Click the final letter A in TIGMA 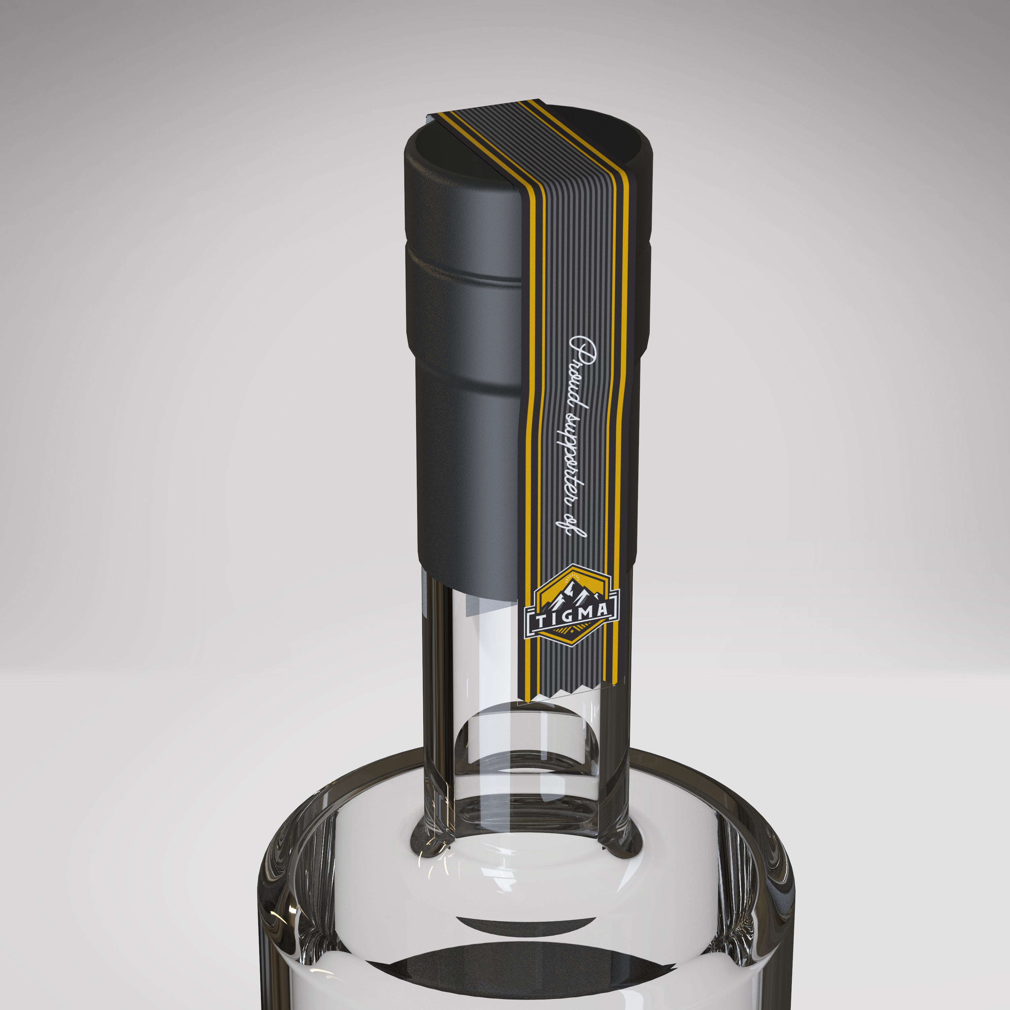point(602,609)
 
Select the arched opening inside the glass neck point(528,742)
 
